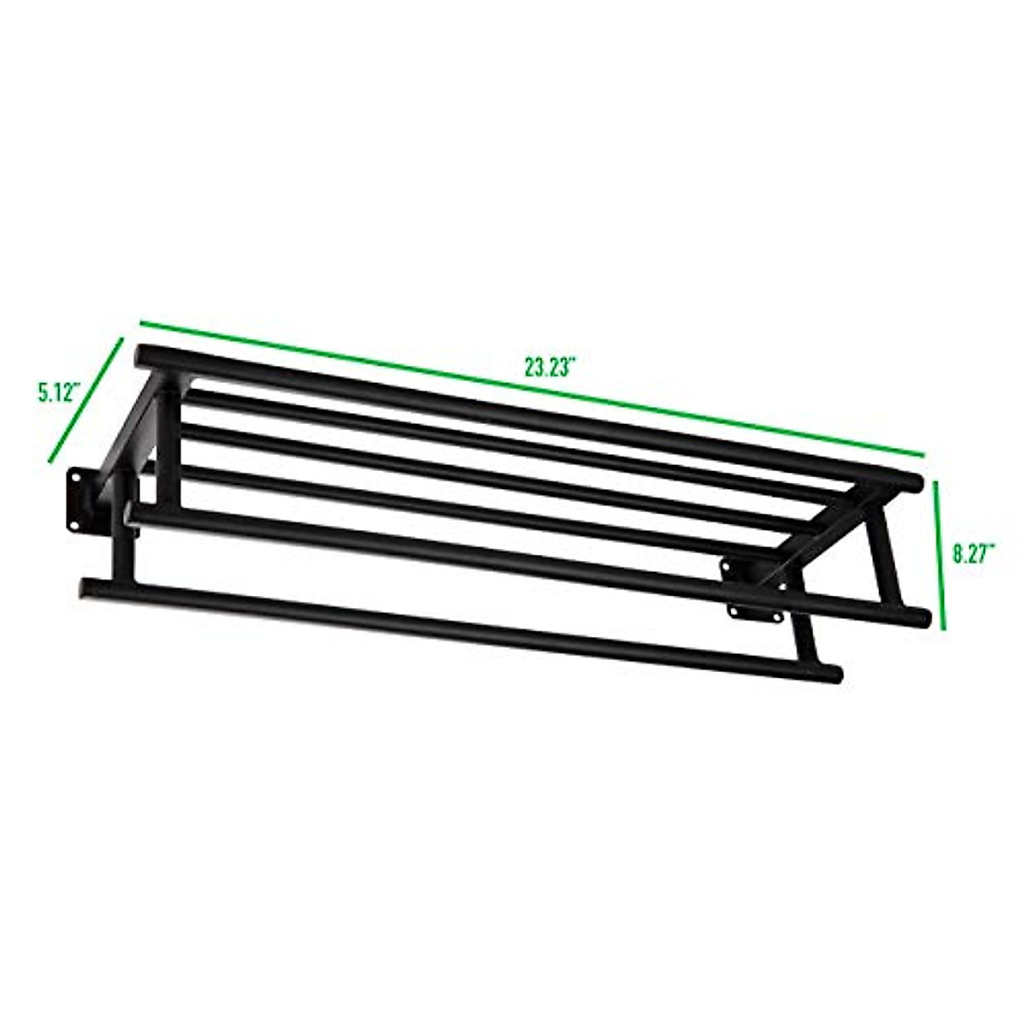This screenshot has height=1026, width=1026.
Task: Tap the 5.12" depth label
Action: click(58, 393)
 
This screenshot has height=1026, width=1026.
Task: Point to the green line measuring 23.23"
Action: click(530, 389)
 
